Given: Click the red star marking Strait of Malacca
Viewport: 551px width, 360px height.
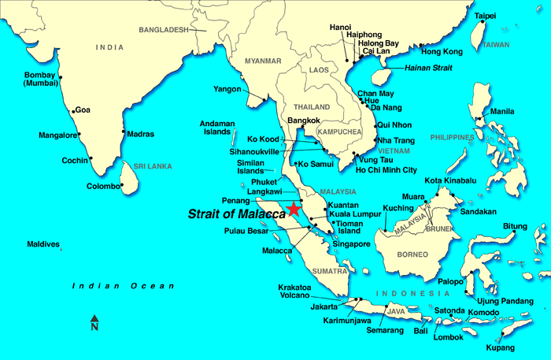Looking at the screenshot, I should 294,209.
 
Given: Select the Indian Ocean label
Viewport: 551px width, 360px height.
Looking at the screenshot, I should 123,286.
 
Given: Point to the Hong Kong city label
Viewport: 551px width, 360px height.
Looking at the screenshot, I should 442,51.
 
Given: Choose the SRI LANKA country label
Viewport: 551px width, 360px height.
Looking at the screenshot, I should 153,166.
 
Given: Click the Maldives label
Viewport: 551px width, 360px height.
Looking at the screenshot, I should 43,244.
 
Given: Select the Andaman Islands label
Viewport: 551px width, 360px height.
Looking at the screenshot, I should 217,128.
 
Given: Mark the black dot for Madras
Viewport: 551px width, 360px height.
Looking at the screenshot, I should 124,132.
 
